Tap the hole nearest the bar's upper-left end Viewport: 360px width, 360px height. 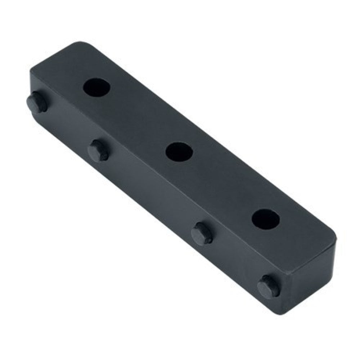(x=96, y=87)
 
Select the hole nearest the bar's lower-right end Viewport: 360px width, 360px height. (x=266, y=219)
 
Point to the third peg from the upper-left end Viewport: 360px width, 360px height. (x=202, y=234)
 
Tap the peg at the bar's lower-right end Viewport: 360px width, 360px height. (x=269, y=287)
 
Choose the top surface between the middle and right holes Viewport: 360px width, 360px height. (x=223, y=185)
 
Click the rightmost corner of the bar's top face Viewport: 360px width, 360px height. (x=337, y=239)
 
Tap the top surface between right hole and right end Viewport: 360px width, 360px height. (x=302, y=241)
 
